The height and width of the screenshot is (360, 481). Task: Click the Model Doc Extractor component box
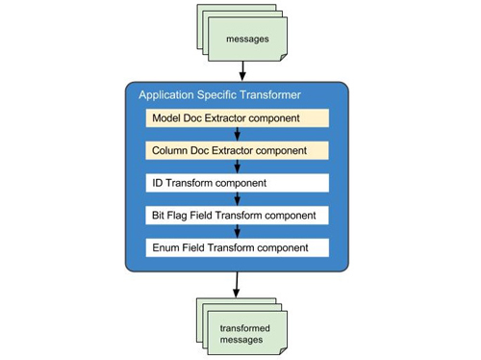pos(238,118)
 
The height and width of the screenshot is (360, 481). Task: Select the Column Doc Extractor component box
pos(238,150)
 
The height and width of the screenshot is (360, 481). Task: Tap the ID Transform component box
pos(238,182)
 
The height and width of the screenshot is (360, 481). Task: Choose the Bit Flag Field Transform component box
pos(238,214)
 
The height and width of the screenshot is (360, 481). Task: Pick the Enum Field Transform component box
pos(238,246)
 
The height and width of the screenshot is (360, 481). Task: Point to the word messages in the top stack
pos(247,39)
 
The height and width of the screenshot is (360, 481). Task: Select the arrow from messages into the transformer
pos(241,70)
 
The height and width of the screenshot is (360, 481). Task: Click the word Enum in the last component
pos(167,246)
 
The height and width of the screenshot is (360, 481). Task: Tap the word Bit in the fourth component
pos(160,214)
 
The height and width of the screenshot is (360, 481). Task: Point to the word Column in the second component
pos(171,150)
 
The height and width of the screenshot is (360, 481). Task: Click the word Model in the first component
pos(168,118)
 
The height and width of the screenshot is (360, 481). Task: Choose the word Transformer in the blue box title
pos(267,95)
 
